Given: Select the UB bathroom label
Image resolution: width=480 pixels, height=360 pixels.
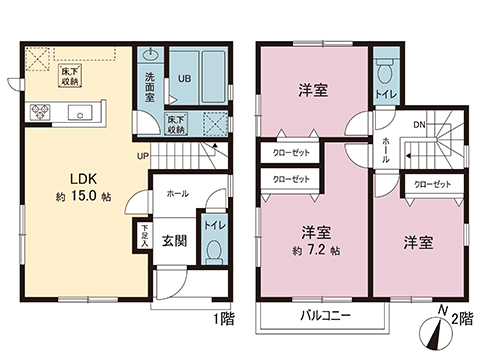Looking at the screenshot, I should pyautogui.click(x=185, y=77).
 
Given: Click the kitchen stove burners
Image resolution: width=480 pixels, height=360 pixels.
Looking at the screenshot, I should pyautogui.click(x=41, y=112).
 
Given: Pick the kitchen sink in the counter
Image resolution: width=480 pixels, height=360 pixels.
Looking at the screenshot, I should pyautogui.click(x=79, y=112).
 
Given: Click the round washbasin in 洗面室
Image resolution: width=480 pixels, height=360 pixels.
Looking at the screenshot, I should pyautogui.click(x=151, y=55).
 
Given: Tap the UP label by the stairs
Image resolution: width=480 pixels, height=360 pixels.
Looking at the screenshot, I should pyautogui.click(x=144, y=155).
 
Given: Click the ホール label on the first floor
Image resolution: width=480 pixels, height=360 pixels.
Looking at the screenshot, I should pyautogui.click(x=177, y=192).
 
